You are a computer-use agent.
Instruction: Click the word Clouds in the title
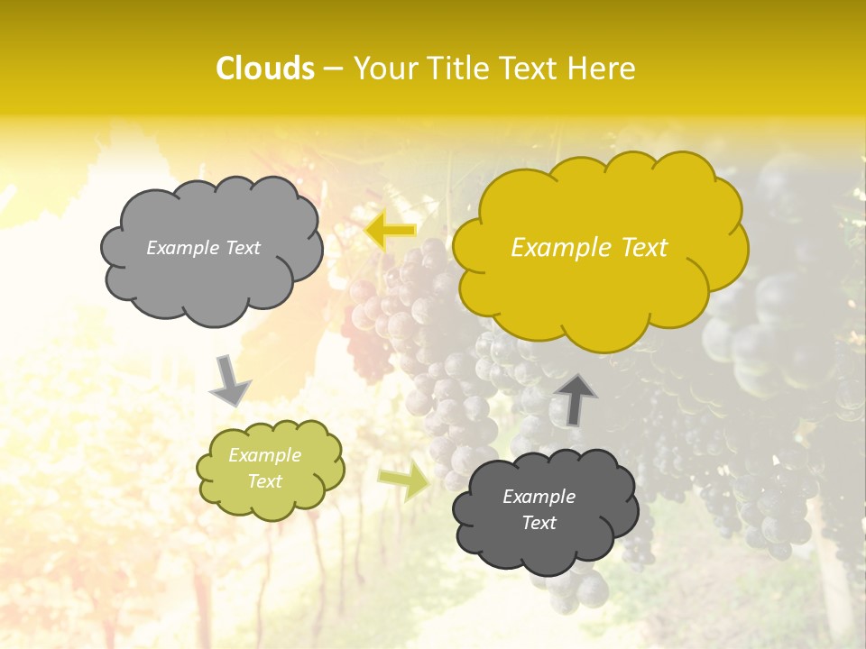265,69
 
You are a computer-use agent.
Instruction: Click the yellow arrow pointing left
391,231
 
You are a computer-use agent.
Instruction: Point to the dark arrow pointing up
575,398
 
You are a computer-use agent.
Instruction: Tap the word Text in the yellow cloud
640,248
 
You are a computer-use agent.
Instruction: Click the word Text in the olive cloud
265,481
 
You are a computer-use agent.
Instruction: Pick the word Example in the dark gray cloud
539,497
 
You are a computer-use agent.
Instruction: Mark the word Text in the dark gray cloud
539,523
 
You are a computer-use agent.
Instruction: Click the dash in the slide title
333,69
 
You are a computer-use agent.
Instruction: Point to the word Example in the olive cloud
265,455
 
